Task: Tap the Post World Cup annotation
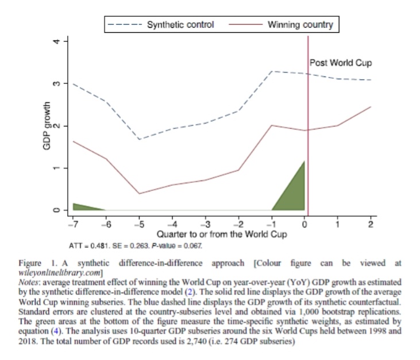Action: pyautogui.click(x=340, y=62)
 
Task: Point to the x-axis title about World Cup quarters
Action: pyautogui.click(x=222, y=235)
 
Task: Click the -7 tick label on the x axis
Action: pyautogui.click(x=72, y=224)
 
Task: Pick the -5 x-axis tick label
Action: pyautogui.click(x=140, y=224)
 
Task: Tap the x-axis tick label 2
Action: pyautogui.click(x=371, y=224)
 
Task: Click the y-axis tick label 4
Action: pyautogui.click(x=56, y=42)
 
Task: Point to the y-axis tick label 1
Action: pyautogui.click(x=56, y=168)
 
